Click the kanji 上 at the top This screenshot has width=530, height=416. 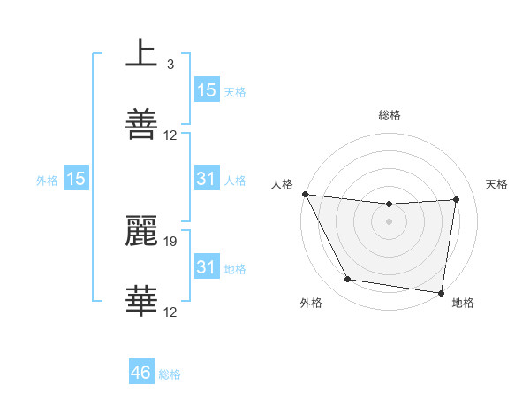pos(141,54)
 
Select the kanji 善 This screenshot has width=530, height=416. pos(141,124)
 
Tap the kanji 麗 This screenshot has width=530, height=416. pos(141,230)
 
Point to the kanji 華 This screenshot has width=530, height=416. pos(141,301)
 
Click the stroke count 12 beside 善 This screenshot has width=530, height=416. pos(170,135)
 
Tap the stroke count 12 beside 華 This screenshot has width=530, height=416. pos(170,312)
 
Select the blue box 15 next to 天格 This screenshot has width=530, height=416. pos(206,89)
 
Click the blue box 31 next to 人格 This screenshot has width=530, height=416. pos(206,179)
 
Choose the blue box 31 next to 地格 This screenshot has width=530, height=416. pos(206,266)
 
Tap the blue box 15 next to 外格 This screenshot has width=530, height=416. pos(76,179)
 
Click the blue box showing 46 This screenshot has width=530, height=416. pos(140,373)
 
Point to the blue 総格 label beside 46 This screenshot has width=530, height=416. pos(170,374)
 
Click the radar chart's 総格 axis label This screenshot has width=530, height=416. pos(390,115)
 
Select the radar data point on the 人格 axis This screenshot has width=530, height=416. pos(305,194)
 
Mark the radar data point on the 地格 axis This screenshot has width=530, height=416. pos(441,292)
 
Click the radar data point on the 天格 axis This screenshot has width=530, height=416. pos(457,199)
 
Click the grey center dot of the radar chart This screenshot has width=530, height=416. pos(390,221)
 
